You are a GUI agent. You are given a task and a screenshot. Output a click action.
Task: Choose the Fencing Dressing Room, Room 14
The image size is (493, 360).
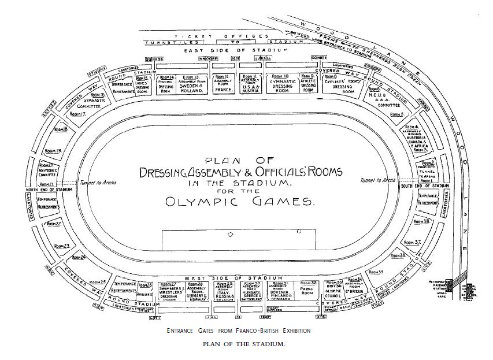[x=166, y=84]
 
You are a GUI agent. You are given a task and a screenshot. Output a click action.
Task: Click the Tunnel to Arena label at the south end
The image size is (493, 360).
[x=378, y=180]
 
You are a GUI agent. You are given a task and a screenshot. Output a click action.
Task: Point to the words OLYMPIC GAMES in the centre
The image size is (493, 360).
[x=240, y=202]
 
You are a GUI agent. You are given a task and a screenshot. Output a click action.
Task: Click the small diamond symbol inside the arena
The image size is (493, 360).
[x=231, y=235]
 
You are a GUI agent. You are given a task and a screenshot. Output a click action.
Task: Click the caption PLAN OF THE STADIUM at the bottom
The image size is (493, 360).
[x=243, y=344]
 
